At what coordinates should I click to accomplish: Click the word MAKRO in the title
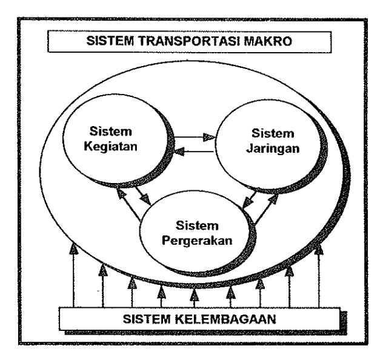268,41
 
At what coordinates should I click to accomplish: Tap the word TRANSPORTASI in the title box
189,41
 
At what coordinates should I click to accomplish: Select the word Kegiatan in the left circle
111,147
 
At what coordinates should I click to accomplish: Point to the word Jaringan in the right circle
273,148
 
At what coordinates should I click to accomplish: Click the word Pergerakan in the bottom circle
197,241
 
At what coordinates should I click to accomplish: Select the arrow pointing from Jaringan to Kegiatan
194,152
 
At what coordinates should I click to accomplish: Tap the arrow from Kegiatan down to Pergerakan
144,195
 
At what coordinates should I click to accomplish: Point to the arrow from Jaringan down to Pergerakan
250,199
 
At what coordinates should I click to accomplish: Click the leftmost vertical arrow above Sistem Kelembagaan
73,275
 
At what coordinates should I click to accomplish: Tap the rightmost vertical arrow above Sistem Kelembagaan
319,276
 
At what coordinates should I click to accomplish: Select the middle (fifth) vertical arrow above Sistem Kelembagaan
194,298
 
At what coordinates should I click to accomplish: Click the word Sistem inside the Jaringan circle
273,133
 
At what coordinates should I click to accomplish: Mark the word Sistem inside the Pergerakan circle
197,225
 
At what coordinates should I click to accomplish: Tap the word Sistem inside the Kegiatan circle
111,132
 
